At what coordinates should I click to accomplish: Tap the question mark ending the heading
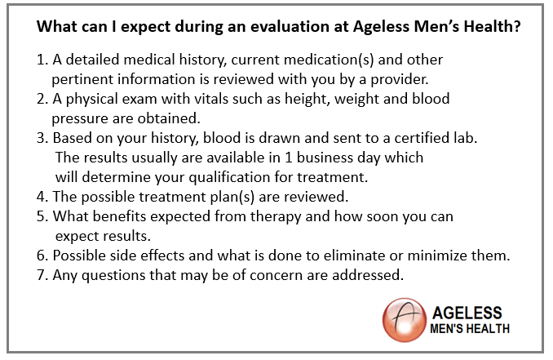(x=517, y=26)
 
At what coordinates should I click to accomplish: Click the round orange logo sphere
(x=405, y=320)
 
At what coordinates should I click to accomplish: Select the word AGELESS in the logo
(x=467, y=313)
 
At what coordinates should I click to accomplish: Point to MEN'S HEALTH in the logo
(x=470, y=329)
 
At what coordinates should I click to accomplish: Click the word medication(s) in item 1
(x=329, y=60)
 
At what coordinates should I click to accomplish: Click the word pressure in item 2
(x=80, y=119)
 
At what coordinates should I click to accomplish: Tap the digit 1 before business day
(x=289, y=158)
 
